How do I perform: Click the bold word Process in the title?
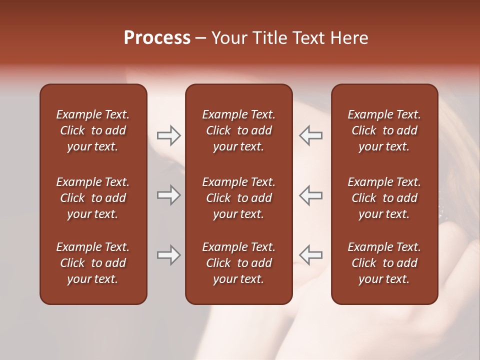pyautogui.click(x=157, y=38)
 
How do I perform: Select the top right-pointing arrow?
pyautogui.click(x=168, y=135)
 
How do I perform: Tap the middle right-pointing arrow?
pyautogui.click(x=168, y=195)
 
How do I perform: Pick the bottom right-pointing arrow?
pyautogui.click(x=168, y=255)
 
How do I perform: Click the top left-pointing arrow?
pyautogui.click(x=311, y=135)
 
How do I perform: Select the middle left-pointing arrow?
pyautogui.click(x=311, y=195)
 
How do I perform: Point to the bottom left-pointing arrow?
pyautogui.click(x=311, y=255)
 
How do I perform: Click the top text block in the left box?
pyautogui.click(x=93, y=130)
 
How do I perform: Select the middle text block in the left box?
pyautogui.click(x=93, y=198)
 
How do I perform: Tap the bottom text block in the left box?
pyautogui.click(x=93, y=263)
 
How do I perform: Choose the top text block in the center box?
pyautogui.click(x=238, y=130)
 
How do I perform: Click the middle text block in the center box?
pyautogui.click(x=238, y=198)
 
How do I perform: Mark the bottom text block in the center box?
pyautogui.click(x=238, y=263)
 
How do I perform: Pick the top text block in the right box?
pyautogui.click(x=384, y=130)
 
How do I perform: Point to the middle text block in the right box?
pyautogui.click(x=384, y=198)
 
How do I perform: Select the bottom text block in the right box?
pyautogui.click(x=384, y=263)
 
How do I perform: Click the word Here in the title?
pyautogui.click(x=350, y=38)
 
